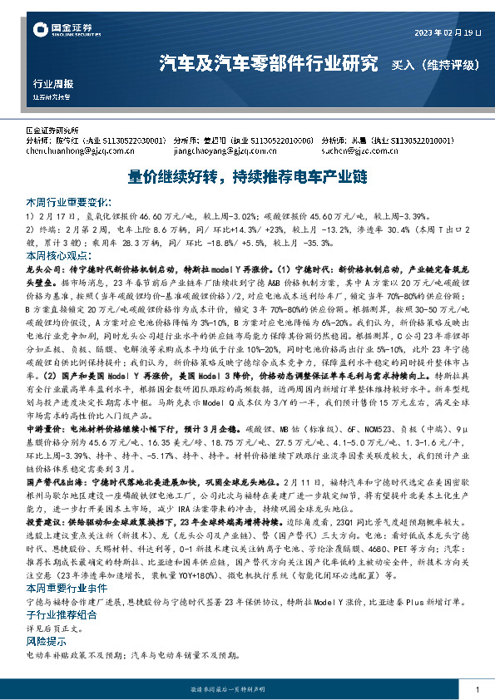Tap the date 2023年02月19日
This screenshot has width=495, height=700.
tap(448, 32)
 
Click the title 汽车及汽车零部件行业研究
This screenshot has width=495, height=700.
tap(268, 62)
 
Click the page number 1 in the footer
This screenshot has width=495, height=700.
tap(477, 690)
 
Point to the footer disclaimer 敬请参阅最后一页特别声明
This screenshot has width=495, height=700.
tap(247, 690)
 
